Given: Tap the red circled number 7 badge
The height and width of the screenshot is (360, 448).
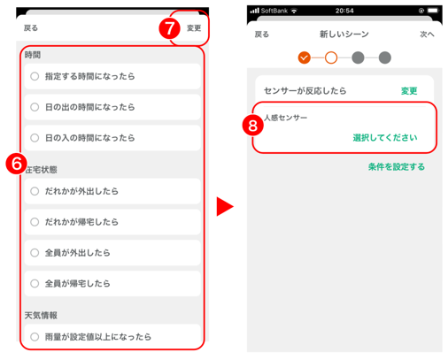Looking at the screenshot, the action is [169, 28].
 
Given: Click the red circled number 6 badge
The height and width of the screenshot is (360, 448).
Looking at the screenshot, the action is [16, 164].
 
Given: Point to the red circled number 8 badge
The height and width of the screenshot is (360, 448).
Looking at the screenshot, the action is [253, 126].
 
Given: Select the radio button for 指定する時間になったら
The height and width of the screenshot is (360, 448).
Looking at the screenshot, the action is [35, 76].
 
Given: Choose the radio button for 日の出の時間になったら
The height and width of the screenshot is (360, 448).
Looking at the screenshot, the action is [35, 107].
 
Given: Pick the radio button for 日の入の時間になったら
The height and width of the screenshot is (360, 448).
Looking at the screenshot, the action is [35, 138].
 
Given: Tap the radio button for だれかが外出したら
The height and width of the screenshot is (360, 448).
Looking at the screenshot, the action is [35, 191].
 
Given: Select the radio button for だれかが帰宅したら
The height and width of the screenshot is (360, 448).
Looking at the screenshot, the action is [35, 222].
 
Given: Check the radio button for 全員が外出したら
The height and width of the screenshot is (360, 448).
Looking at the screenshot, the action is [35, 253].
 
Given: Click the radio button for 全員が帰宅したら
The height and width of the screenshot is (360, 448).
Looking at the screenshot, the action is [35, 283].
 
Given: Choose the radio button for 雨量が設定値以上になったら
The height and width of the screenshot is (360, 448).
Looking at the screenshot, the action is [35, 337].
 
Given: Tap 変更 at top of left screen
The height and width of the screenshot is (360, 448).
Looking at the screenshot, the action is [194, 28].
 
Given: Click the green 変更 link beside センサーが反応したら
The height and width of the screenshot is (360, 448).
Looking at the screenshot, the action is [409, 91].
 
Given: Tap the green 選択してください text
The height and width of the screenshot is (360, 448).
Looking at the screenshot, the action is [385, 138].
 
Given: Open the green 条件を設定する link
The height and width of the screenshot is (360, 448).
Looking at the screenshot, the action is [397, 167].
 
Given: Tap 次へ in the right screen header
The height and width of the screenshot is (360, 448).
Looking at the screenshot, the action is [427, 34].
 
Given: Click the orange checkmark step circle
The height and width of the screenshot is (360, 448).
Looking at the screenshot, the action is [305, 57].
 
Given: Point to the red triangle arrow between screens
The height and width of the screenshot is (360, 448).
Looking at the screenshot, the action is [225, 206].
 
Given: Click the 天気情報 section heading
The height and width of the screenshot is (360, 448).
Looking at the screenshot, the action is [41, 316].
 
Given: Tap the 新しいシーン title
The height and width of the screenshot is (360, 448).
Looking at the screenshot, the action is [344, 34].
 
